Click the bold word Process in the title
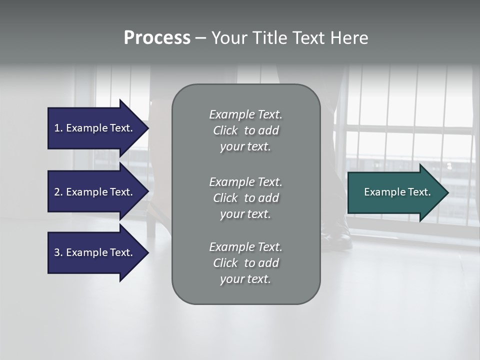(x=157, y=38)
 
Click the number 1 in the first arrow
(x=57, y=128)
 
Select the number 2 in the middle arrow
(x=57, y=192)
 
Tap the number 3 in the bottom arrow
(x=57, y=252)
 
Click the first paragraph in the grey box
(x=245, y=130)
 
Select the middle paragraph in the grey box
(x=245, y=198)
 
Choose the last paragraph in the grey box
(x=245, y=263)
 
